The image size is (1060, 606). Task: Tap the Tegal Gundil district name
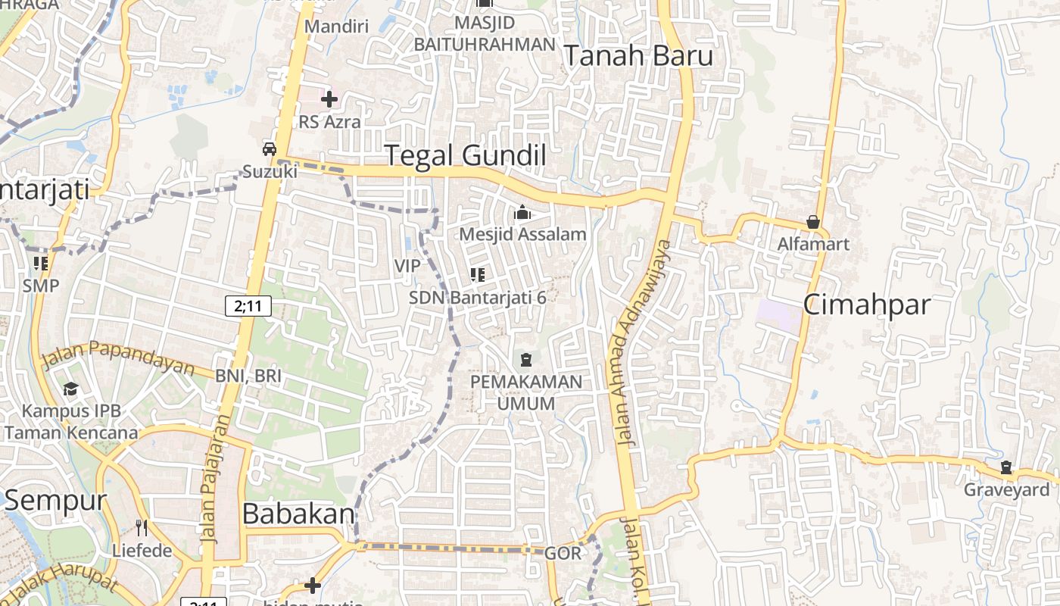[466, 155]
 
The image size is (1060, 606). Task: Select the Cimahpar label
[866, 305]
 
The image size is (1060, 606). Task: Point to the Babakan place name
[298, 514]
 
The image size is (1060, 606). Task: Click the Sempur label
[56, 500]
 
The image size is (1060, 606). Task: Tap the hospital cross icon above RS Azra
[329, 99]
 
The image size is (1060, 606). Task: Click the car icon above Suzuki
[269, 148]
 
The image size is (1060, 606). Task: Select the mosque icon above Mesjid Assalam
[522, 213]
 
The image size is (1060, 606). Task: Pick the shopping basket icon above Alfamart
[813, 222]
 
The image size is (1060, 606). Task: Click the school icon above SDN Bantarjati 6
[477, 274]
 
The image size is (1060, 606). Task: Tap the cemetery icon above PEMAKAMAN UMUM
[526, 359]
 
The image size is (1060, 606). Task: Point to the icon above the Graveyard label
[1006, 467]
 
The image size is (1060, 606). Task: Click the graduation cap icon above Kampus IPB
[71, 389]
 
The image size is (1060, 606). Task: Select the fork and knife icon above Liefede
[142, 527]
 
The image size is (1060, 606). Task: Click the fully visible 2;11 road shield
[248, 306]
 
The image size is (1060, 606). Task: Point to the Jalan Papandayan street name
[118, 358]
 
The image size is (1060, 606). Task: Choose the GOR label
[563, 553]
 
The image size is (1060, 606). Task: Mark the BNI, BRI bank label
[248, 376]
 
